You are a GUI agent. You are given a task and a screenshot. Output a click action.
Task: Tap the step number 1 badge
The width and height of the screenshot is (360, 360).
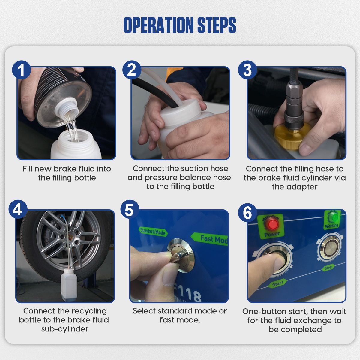pyautogui.click(x=21, y=70)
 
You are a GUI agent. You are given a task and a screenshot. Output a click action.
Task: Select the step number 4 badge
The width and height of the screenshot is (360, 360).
pyautogui.click(x=18, y=209)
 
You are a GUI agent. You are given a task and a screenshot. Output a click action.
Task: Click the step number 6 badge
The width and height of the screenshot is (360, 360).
pyautogui.click(x=247, y=213)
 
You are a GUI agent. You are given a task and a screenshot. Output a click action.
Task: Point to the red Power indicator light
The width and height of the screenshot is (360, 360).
pyautogui.click(x=272, y=224)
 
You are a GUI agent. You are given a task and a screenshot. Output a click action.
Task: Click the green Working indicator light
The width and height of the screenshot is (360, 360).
pyautogui.click(x=332, y=217)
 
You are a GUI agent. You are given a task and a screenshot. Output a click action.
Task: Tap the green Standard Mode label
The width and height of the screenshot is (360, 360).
pyautogui.click(x=153, y=232)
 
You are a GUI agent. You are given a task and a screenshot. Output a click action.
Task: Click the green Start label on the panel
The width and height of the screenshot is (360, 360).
pyautogui.click(x=277, y=283)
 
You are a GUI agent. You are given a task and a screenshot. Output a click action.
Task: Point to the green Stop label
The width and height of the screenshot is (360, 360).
pyautogui.click(x=328, y=268)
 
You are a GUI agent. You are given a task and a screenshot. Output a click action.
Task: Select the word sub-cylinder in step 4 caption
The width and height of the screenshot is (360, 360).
pyautogui.click(x=65, y=329)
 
